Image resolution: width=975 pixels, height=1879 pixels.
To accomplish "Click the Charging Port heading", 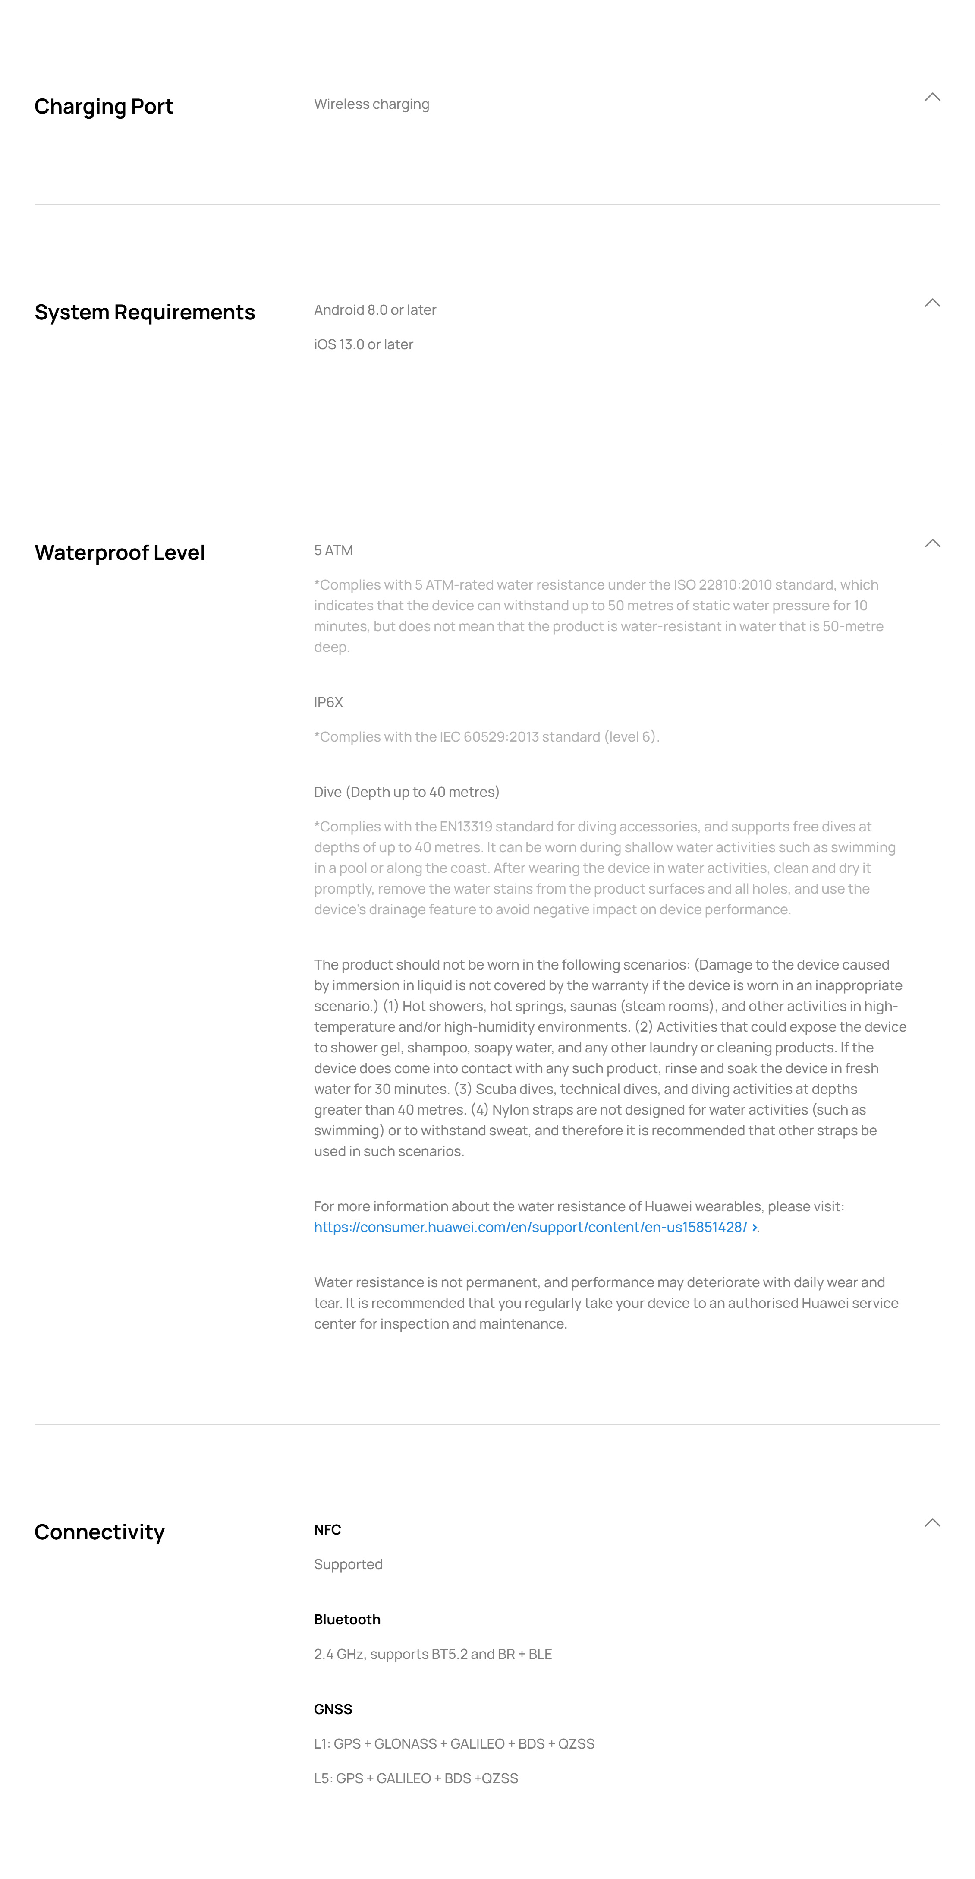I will tap(104, 107).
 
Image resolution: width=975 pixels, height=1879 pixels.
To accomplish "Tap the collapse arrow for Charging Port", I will tap(932, 97).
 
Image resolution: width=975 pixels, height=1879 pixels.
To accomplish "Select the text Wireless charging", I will tap(371, 104).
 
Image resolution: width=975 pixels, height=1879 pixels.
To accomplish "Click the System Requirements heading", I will tap(145, 312).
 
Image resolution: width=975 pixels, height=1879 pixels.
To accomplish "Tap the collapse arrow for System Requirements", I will tap(932, 303).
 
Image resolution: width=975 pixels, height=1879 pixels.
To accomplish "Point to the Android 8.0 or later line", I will tap(375, 310).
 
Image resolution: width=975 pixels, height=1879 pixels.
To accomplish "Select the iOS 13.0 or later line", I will tap(363, 344).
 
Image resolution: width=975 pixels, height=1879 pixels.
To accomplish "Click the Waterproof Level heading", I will tap(120, 553).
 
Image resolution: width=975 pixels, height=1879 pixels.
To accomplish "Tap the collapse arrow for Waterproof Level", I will tap(932, 543).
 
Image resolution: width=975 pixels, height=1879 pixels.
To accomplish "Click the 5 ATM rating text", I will tap(333, 551).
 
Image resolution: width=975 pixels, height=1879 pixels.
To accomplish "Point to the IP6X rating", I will tap(328, 702).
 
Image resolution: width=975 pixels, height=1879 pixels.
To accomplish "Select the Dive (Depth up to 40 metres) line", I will tap(406, 792).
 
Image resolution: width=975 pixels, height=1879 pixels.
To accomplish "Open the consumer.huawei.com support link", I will tap(530, 1228).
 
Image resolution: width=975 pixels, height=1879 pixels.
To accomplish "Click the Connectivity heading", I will tap(99, 1532).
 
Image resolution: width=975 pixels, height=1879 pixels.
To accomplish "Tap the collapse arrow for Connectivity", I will tap(932, 1522).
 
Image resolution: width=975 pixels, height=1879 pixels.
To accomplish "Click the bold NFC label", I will tap(327, 1530).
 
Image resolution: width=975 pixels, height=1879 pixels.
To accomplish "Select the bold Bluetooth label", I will tap(347, 1619).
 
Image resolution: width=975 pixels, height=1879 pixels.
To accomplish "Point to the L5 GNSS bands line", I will tap(416, 1778).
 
